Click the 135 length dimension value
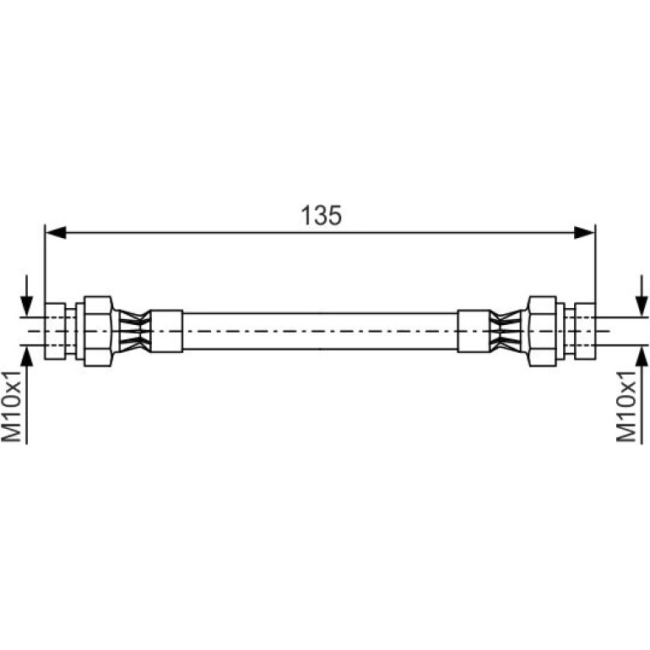pos(322,215)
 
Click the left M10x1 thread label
pos(11,406)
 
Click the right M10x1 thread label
pos(626,406)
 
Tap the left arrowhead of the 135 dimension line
pos(56,232)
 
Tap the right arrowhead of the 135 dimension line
pos(584,232)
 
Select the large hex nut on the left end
pos(98,331)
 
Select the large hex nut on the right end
pos(542,331)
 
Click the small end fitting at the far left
pos(55,331)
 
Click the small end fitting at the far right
pos(585,331)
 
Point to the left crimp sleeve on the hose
pos(166,331)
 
